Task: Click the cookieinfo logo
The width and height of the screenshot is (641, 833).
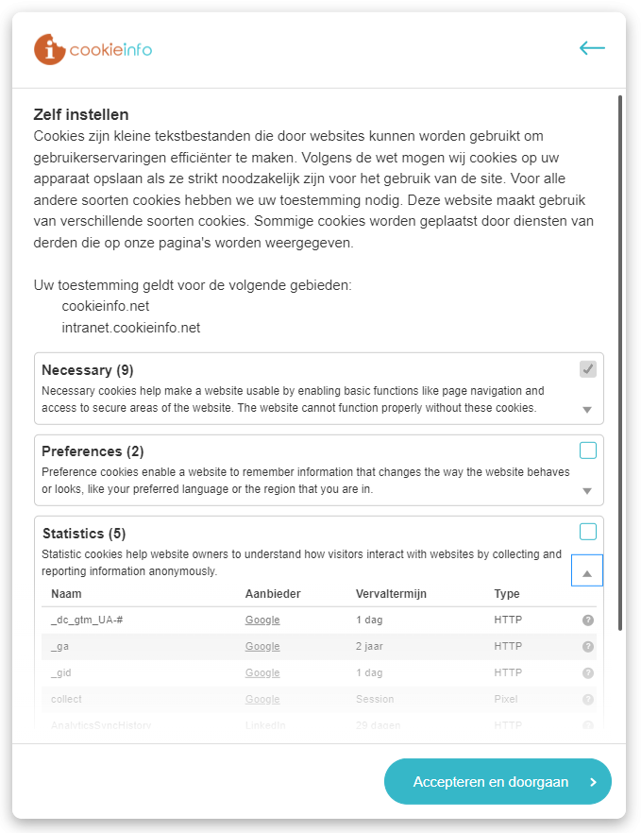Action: point(93,49)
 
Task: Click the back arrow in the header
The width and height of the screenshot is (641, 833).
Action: point(592,48)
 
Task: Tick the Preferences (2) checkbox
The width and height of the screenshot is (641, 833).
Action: point(588,450)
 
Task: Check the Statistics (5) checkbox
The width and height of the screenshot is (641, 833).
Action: point(588,532)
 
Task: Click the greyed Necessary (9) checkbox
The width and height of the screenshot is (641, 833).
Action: point(588,368)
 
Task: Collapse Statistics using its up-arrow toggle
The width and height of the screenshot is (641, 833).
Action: point(587,571)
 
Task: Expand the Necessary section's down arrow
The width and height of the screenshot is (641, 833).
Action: point(587,410)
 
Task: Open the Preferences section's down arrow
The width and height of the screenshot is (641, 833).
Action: point(587,491)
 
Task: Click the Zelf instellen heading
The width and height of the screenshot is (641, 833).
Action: point(81,115)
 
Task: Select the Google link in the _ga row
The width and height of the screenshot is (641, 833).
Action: point(262,647)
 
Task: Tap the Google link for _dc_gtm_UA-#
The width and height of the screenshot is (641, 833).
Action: point(262,620)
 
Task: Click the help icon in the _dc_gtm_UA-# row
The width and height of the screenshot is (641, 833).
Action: point(587,620)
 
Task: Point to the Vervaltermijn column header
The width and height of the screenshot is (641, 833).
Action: point(391,594)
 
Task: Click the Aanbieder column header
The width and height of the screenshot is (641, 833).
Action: point(273,594)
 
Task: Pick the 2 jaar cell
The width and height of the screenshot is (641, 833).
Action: point(370,647)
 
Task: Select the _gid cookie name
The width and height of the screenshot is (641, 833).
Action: point(61,673)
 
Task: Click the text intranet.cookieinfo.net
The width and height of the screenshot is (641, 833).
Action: point(131,329)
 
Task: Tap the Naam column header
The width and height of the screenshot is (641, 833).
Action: point(66,594)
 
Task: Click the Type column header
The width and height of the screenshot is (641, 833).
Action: point(507,594)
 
